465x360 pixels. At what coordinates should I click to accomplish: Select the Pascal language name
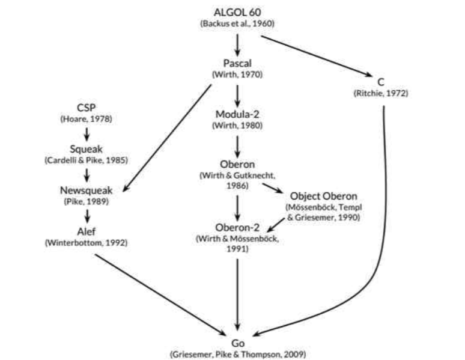tap(237, 63)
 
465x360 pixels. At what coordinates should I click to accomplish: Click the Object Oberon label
tap(323, 196)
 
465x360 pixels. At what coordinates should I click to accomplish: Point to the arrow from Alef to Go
tap(159, 293)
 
